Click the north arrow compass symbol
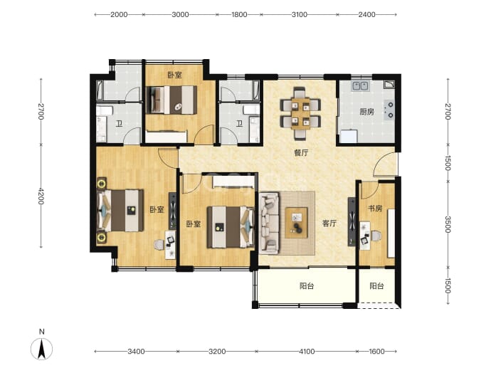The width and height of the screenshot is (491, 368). [x=41, y=347]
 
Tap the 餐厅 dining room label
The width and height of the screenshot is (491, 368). [x=301, y=153]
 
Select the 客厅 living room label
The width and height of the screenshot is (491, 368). [x=329, y=224]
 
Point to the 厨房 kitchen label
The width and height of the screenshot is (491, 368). [x=366, y=112]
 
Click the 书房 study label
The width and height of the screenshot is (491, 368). [x=375, y=209]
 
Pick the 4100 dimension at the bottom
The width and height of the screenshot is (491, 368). [x=307, y=352]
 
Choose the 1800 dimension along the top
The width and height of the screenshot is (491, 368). [x=239, y=14]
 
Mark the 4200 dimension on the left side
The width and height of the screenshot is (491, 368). [x=41, y=196]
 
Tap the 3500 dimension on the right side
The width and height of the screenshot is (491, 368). [x=448, y=224]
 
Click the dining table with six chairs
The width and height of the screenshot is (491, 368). [x=300, y=113]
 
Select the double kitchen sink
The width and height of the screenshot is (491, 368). [x=360, y=85]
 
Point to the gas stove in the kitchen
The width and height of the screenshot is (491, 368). [x=389, y=110]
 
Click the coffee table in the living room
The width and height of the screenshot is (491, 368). [x=296, y=223]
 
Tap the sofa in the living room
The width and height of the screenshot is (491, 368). [x=269, y=223]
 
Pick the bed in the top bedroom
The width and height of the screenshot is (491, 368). [x=172, y=100]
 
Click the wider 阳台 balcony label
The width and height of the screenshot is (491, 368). [x=307, y=286]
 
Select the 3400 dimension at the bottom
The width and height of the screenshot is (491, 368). [x=136, y=352]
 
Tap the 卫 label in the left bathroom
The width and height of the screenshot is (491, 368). [x=120, y=124]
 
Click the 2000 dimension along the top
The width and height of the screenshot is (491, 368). [x=119, y=14]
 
